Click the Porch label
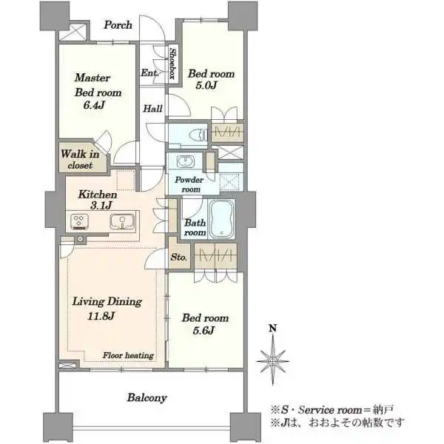[118, 25]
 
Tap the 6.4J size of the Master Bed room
[94, 105]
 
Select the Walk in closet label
[80, 159]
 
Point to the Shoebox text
[172, 63]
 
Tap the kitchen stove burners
[79, 221]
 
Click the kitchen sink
[122, 221]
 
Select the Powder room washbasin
[185, 161]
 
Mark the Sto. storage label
[179, 258]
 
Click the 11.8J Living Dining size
[101, 316]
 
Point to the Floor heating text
[128, 355]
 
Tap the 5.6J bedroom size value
[203, 330]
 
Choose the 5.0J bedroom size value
[206, 85]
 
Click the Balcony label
[147, 397]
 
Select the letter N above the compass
[272, 328]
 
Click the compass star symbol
[272, 360]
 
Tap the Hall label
[152, 109]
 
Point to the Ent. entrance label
[149, 73]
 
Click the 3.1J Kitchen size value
[101, 205]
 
